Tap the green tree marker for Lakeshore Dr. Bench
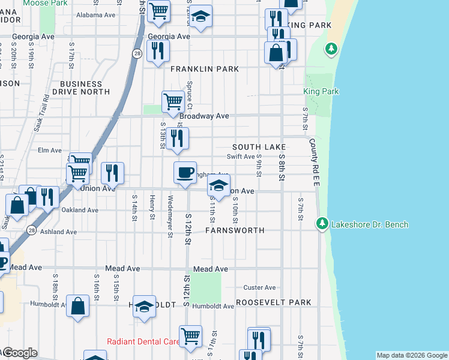[x=323, y=224]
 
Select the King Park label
[x=321, y=92]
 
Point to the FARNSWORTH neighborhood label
[x=235, y=230]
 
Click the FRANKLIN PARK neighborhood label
[x=205, y=70]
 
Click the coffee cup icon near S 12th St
[x=185, y=173]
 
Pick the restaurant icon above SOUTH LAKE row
[x=178, y=139]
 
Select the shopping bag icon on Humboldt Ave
[x=78, y=305]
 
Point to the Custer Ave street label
[x=259, y=288]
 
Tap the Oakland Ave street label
[x=80, y=211]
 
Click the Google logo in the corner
[x=19, y=353]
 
